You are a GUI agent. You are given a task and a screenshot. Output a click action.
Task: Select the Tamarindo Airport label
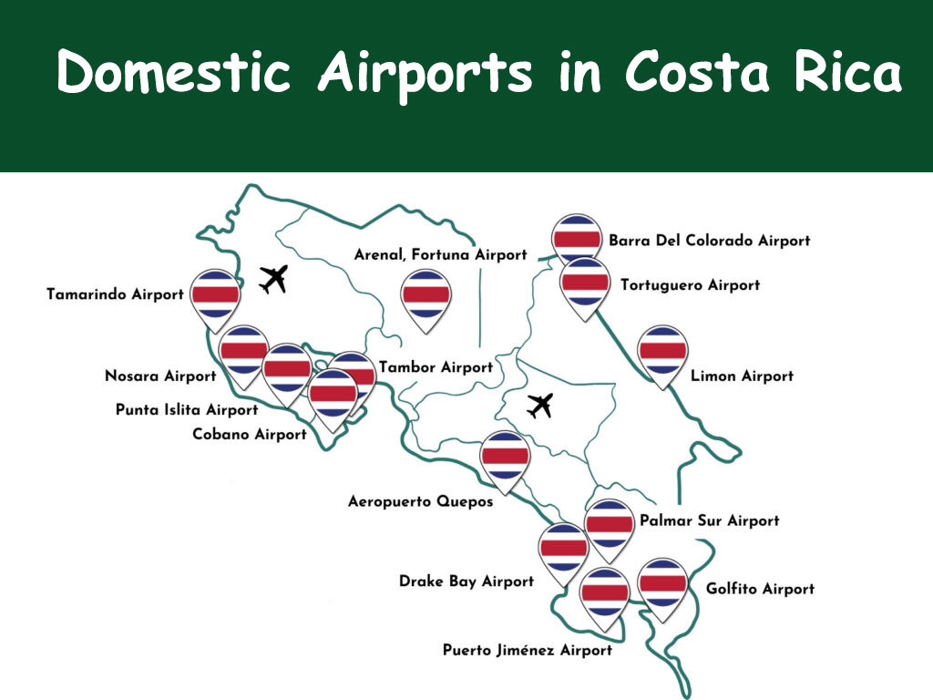[115, 295]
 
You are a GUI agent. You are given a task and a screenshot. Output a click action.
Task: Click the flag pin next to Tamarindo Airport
[216, 294]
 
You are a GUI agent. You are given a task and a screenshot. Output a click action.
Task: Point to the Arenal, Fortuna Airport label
[440, 255]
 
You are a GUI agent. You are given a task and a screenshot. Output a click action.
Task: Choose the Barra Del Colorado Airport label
[709, 241]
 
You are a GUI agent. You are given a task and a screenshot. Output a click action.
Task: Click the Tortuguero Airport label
[690, 285]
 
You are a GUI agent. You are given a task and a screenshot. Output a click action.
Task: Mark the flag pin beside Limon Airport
[662, 351]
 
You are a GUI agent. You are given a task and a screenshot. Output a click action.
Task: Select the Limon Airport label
[742, 376]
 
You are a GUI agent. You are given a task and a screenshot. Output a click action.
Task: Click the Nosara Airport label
[160, 376]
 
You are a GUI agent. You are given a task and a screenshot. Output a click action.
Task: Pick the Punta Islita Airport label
[187, 410]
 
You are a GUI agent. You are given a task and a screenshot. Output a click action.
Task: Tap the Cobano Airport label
[250, 434]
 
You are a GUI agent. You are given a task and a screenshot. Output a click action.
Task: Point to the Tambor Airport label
[436, 367]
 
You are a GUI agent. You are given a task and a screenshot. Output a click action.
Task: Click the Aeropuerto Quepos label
[421, 501]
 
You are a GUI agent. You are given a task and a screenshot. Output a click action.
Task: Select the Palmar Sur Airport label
[710, 520]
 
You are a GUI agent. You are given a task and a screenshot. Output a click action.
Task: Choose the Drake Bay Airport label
[466, 581]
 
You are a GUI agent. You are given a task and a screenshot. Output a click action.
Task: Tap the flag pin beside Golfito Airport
[662, 584]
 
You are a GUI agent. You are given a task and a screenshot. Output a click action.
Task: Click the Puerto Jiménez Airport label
[528, 650]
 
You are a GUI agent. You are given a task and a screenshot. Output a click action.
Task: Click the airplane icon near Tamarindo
[272, 279]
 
